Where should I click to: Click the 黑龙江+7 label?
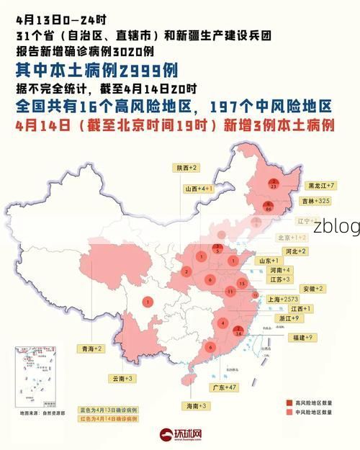click(x=322, y=186)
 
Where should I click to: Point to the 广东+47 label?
click(x=224, y=387)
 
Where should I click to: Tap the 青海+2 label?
click(x=91, y=348)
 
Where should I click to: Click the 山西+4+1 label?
click(x=197, y=189)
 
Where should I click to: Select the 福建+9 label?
click(x=302, y=337)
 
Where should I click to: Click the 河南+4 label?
click(x=280, y=269)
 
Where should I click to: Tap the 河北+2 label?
click(x=295, y=251)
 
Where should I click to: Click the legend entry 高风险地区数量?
click(x=314, y=402)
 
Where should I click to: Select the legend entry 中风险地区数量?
click(x=314, y=413)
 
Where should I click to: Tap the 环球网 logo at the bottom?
click(x=180, y=436)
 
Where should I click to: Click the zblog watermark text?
click(x=336, y=226)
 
